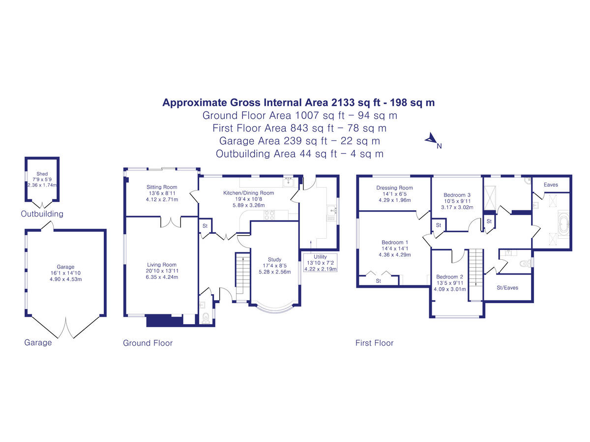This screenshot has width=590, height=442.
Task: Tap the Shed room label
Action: pyautogui.click(x=42, y=174)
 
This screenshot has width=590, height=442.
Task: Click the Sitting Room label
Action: pyautogui.click(x=162, y=187)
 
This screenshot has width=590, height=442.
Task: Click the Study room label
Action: pyautogui.click(x=274, y=259)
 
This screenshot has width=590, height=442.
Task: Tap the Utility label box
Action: pyautogui.click(x=320, y=257)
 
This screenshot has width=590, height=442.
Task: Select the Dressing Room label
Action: pyautogui.click(x=394, y=188)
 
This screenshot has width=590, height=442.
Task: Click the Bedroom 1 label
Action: pyautogui.click(x=395, y=242)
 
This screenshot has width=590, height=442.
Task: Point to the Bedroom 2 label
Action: pyautogui.click(x=449, y=276)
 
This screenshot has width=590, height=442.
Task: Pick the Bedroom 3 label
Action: pyautogui.click(x=457, y=195)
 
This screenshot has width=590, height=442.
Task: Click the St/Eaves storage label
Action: pyautogui.click(x=508, y=288)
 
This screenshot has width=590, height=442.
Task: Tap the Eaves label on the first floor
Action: pyautogui.click(x=551, y=185)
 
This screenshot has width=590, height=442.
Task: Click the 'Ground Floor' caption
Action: pyautogui.click(x=147, y=343)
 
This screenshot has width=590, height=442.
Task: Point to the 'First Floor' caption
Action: pyautogui.click(x=374, y=343)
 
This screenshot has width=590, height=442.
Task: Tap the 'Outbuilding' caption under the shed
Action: pyautogui.click(x=42, y=214)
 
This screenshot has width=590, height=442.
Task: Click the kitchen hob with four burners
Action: pyautogui.click(x=270, y=214)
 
